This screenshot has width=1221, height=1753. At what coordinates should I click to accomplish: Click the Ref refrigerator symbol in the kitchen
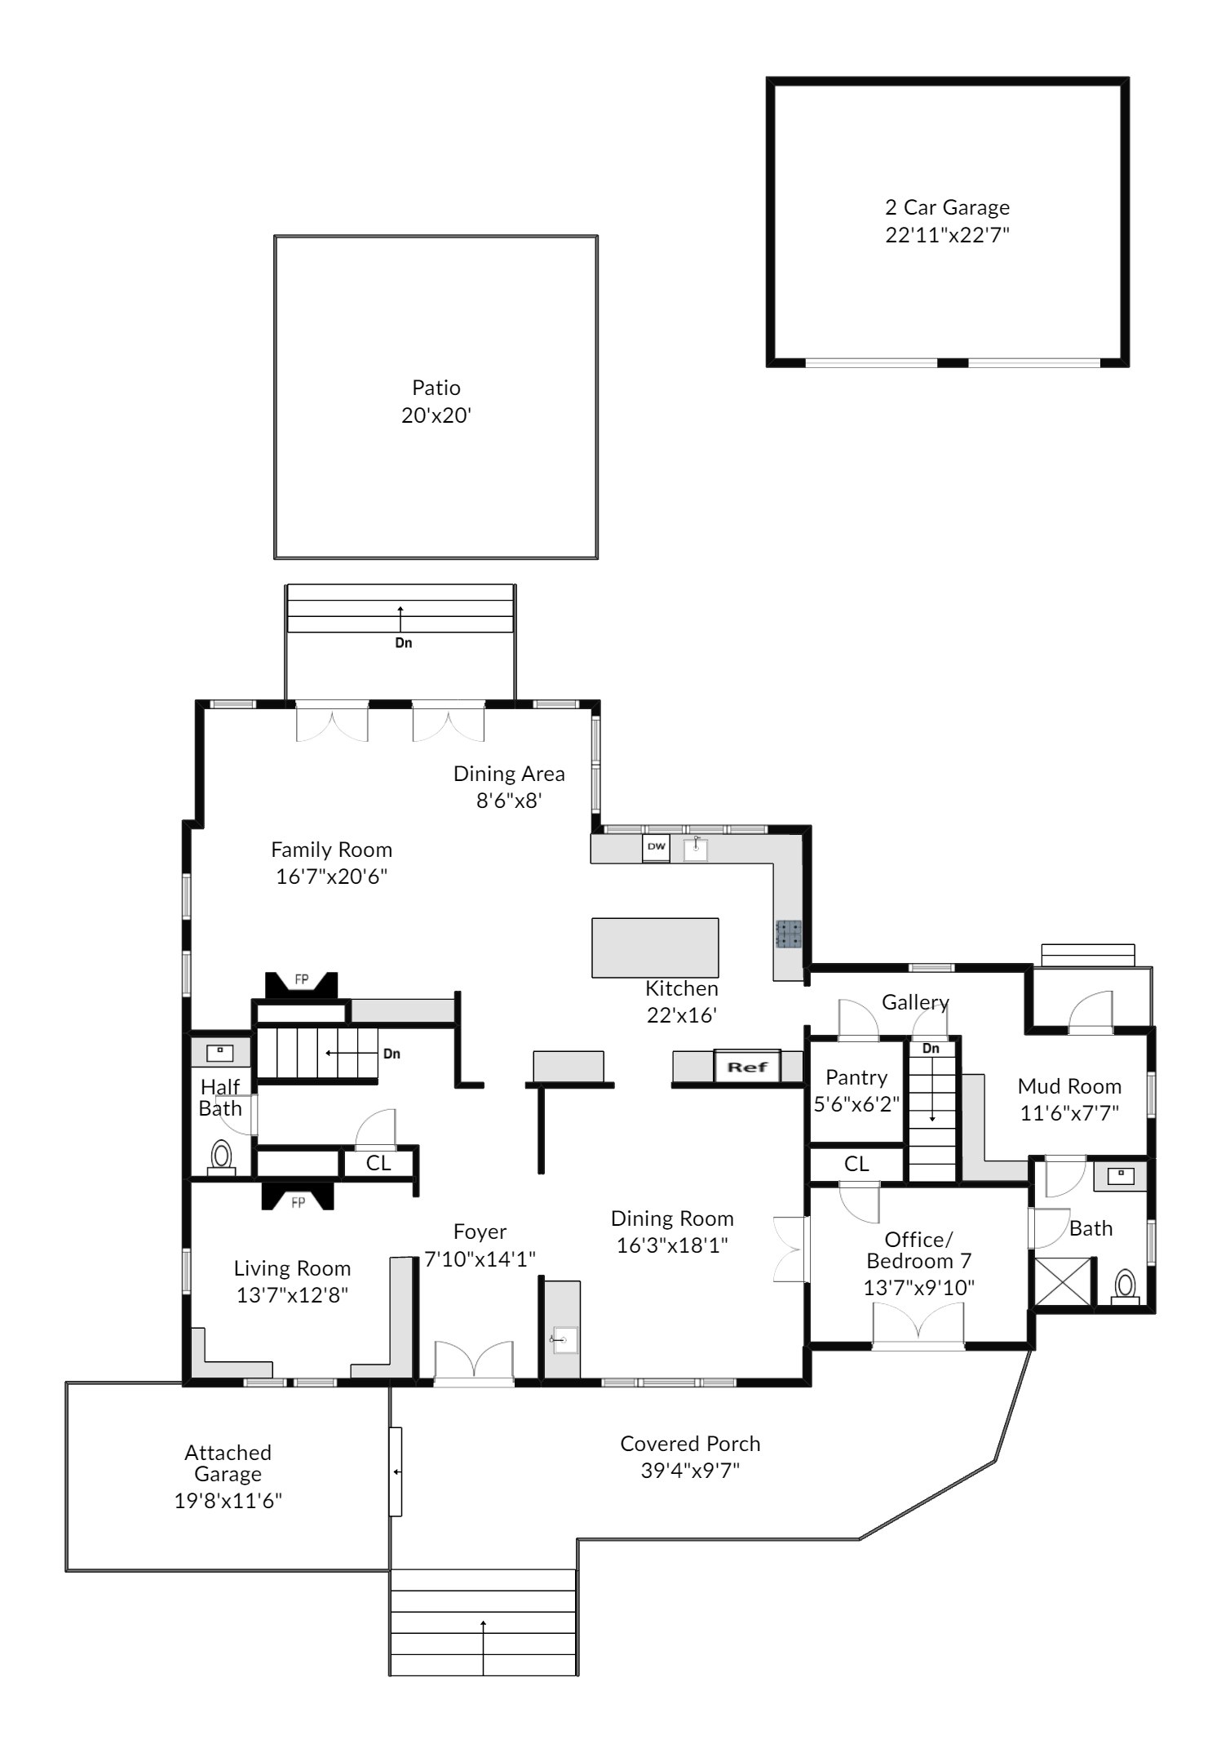pos(747,1067)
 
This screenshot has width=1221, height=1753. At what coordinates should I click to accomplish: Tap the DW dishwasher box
pos(656,847)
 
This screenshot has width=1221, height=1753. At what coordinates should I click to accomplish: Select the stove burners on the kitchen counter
pos(789,934)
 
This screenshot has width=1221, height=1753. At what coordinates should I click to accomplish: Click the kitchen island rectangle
pos(655,948)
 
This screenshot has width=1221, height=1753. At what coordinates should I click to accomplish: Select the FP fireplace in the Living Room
pos(298,1196)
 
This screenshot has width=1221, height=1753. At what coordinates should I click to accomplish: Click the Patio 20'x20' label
pos(436,402)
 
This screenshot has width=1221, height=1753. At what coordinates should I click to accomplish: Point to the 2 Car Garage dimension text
pos(948,235)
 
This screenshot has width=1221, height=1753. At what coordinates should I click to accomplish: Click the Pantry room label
pos(856,1078)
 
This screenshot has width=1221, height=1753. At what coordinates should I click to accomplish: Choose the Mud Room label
pos(1069,1086)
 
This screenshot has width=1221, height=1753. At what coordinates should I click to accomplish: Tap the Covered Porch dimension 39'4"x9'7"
pos(690,1471)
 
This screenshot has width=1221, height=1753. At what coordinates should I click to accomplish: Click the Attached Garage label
pos(228,1462)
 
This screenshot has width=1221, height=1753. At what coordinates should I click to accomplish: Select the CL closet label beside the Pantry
pos(856,1164)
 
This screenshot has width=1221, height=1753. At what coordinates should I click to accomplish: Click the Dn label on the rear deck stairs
pos(404,643)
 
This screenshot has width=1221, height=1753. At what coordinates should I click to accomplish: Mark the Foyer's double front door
pos(474,1364)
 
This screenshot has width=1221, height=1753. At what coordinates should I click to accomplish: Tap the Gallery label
pos(915,1002)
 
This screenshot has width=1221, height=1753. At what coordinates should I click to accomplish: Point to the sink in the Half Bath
pos(220,1053)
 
